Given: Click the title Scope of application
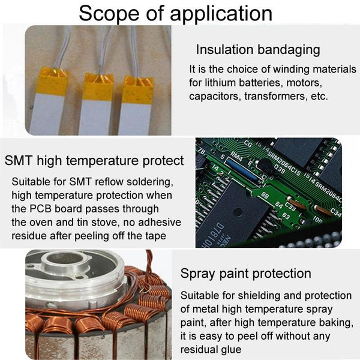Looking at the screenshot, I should tap(176, 13).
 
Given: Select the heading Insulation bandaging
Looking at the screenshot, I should tap(258, 50).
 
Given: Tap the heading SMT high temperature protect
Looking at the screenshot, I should tap(94, 160).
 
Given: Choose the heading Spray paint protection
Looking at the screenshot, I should tap(245, 274).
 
